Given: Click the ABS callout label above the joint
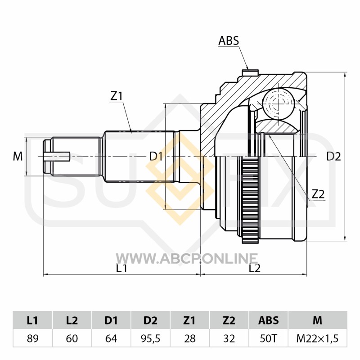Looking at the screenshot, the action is pos(229,40).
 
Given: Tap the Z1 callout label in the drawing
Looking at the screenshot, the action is pos(117,96).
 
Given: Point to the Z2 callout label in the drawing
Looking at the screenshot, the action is pos(318,194).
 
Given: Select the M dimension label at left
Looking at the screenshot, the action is pos(18,156).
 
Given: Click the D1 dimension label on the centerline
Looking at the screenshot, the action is pos(156,157).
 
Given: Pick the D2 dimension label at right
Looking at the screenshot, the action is pos(333,157).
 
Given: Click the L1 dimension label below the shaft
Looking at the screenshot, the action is pos(121,268).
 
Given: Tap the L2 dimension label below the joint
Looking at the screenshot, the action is pos(255,268).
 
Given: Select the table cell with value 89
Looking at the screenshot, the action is pos(32,338).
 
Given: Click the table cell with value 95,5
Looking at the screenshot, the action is pos(150,338).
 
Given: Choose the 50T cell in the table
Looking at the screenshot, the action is pos(268,338).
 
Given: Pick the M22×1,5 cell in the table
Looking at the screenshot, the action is pos(318,338).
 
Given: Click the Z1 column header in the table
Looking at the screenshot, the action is pos(189,320).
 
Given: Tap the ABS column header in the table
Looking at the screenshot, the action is pos(268,320).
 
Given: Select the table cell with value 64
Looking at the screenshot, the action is pos(111,338).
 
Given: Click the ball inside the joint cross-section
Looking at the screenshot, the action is pos(279,104).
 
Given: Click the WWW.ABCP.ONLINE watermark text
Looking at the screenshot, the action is pos(187,259).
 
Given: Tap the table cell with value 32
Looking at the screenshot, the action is pos(229,338).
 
